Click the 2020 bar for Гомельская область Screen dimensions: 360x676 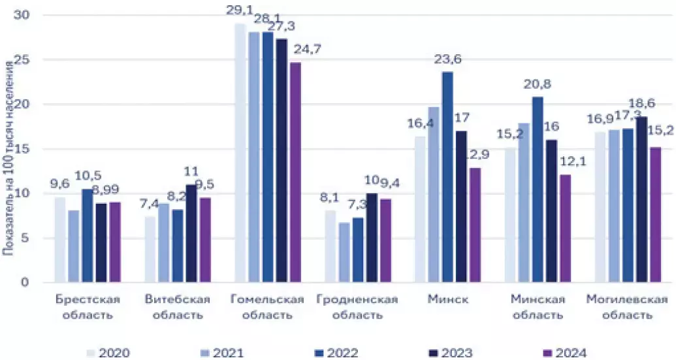pyautogui.click(x=240, y=154)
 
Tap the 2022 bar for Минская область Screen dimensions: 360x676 pyautogui.click(x=538, y=190)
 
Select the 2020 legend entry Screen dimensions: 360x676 pyautogui.click(x=108, y=353)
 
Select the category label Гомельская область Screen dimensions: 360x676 pyautogui.click(x=268, y=307)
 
